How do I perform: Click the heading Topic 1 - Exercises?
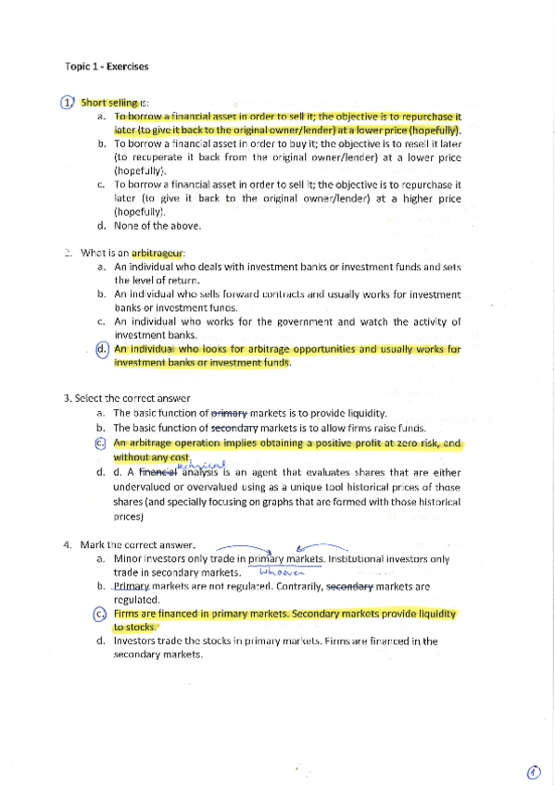(x=107, y=66)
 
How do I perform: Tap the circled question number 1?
(x=67, y=102)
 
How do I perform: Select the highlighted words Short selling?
(x=109, y=102)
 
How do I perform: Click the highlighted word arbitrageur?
(x=158, y=252)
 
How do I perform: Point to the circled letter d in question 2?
(x=102, y=350)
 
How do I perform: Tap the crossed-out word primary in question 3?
(x=231, y=413)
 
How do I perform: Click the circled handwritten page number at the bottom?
(x=535, y=771)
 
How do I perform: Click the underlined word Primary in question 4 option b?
(x=131, y=586)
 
